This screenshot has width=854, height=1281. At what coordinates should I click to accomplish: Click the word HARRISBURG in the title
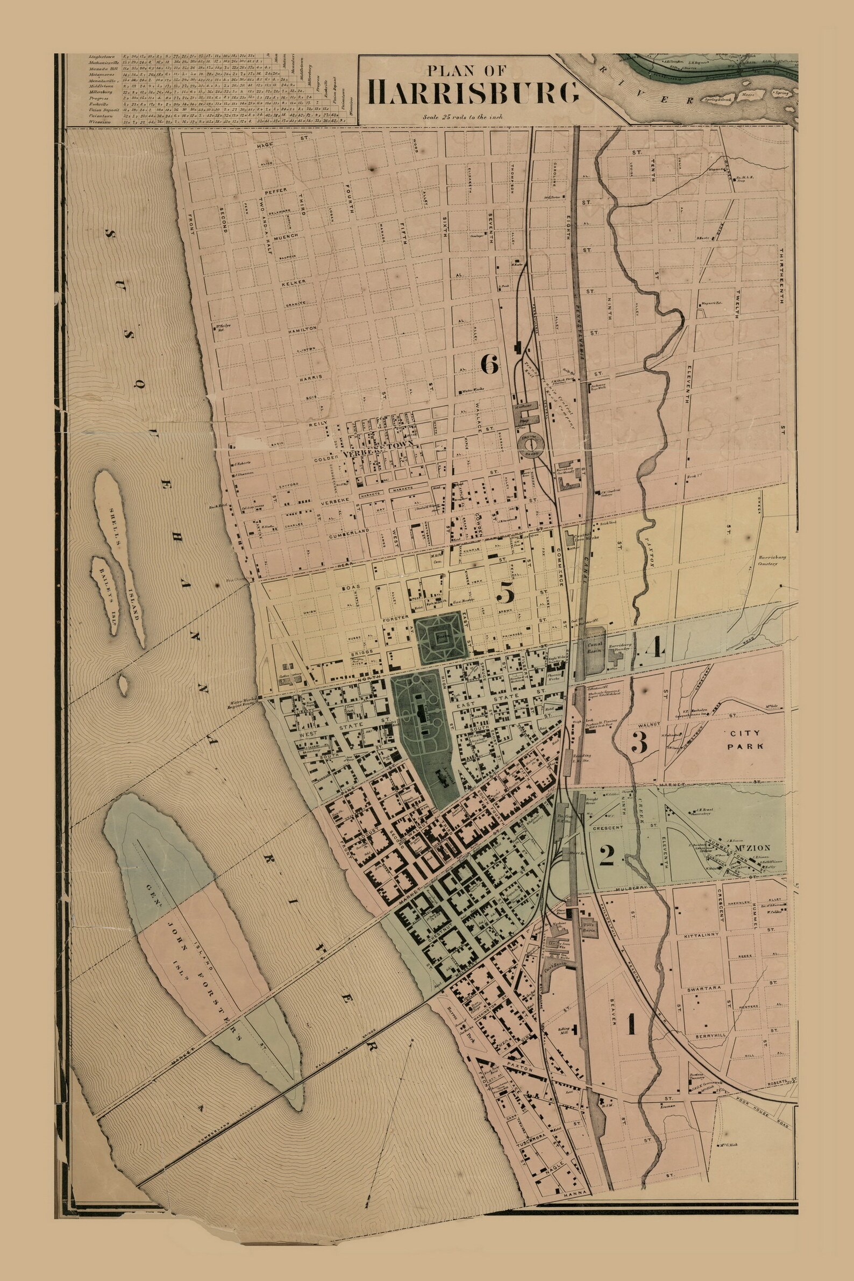(x=473, y=92)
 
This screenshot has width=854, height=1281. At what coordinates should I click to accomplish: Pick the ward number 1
(x=631, y=1008)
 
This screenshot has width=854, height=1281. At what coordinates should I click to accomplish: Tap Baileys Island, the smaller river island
(x=105, y=594)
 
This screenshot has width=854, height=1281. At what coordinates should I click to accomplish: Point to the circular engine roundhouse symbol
(x=531, y=446)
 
